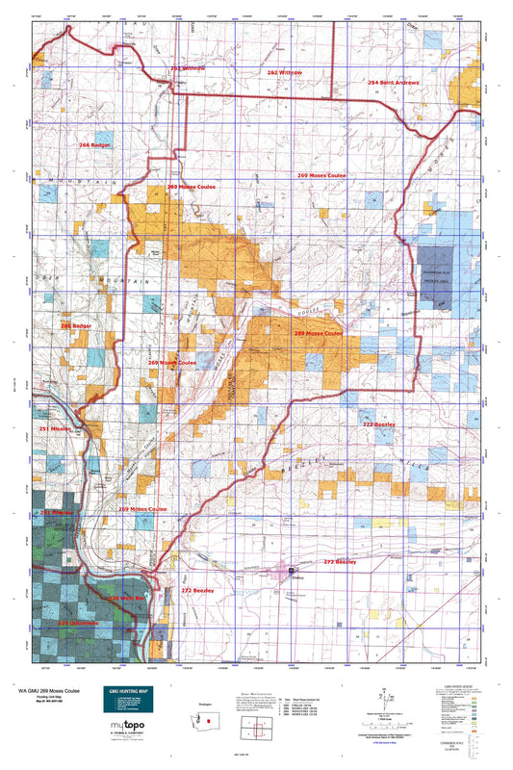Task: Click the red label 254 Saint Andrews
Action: [x=394, y=83]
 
